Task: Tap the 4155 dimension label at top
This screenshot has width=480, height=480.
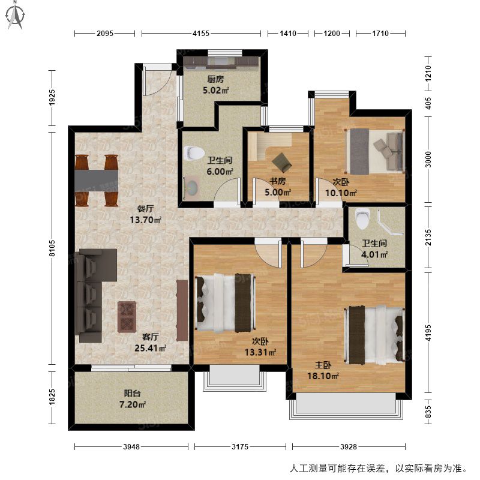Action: point(201,34)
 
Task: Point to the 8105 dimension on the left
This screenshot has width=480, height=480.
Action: point(52,248)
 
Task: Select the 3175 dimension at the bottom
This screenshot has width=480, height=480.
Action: point(240,446)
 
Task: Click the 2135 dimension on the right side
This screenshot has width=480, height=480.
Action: point(428,238)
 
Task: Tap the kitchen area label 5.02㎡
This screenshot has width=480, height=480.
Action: point(216,91)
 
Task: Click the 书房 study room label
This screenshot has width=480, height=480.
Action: point(278,181)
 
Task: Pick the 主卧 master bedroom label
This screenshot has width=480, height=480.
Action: point(323,365)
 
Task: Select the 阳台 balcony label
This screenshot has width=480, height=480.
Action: point(132,394)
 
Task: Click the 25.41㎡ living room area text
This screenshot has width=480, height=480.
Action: point(151,348)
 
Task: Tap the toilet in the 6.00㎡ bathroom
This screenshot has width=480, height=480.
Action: point(194,152)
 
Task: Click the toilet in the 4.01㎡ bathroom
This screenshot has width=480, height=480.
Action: point(362,218)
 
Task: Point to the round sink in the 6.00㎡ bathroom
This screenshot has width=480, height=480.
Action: point(192,187)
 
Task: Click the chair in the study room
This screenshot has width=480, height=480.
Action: point(281,162)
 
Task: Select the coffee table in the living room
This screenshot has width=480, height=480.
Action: point(127,317)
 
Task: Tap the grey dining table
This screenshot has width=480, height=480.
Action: point(97,181)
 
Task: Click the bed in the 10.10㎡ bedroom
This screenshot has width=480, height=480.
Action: point(374,151)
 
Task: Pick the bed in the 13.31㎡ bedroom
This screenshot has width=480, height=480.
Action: point(225,303)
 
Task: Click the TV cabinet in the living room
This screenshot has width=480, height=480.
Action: point(182,310)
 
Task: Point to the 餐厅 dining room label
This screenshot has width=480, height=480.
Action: point(145,209)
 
